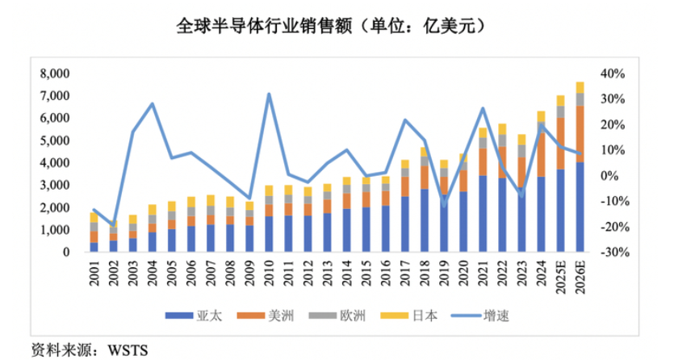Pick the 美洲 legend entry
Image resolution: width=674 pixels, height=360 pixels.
[264, 316]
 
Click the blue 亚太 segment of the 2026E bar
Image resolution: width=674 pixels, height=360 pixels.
[580, 207]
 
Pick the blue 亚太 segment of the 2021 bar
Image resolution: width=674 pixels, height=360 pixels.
[483, 214]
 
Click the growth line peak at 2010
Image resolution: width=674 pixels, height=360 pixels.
[269, 94]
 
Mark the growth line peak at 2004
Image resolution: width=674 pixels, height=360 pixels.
[152, 104]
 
